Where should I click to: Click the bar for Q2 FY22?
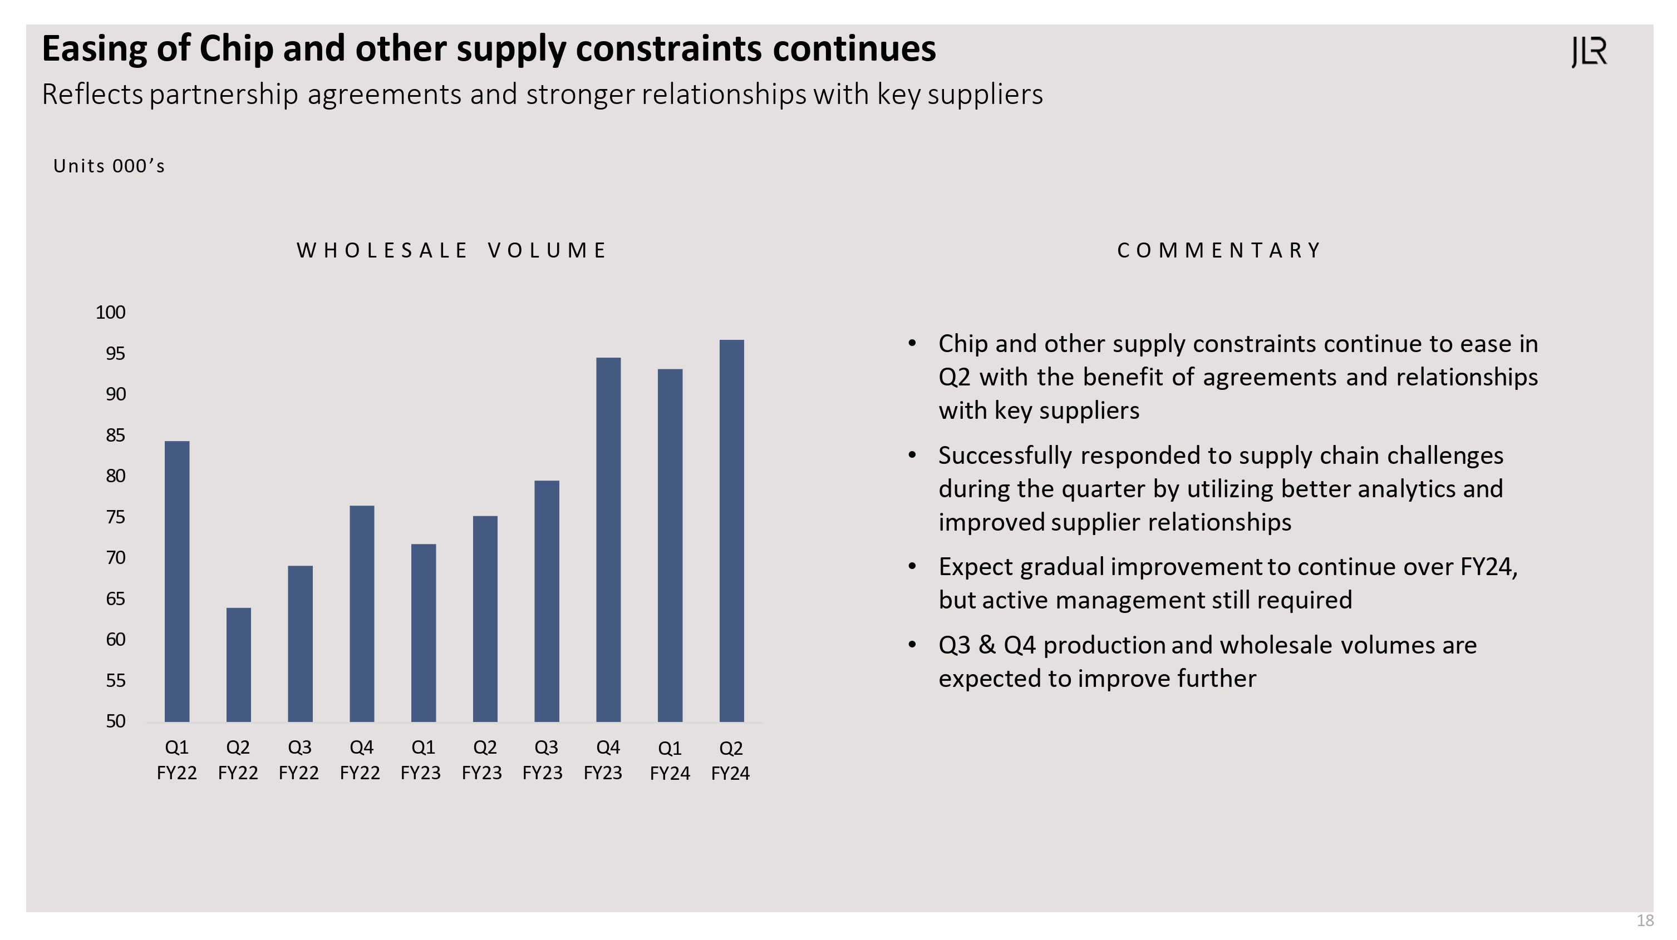pos(238,664)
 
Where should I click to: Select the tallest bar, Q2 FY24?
pos(731,530)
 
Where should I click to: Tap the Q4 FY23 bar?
pos(608,540)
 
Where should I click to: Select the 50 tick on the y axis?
pos(115,721)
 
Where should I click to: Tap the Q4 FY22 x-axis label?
pos(361,760)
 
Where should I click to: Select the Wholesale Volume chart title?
pos(452,250)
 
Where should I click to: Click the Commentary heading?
pos(1219,250)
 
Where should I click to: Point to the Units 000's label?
pos(109,166)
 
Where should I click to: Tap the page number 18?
pos(1645,921)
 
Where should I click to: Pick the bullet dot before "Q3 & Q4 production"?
pos(912,645)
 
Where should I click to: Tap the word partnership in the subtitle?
pos(223,95)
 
